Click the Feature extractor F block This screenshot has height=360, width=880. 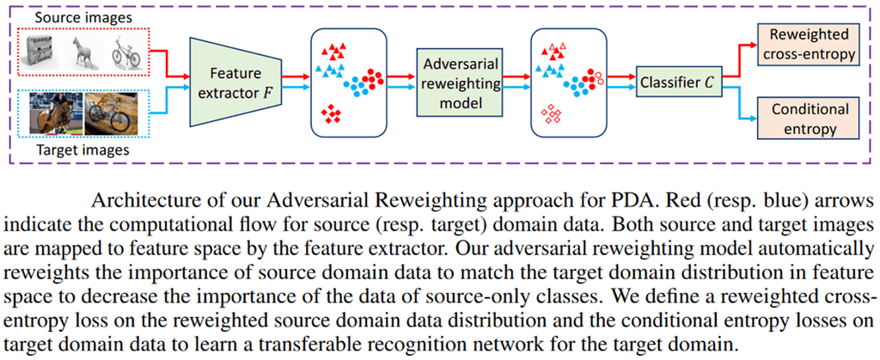[234, 84]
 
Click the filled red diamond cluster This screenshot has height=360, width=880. [329, 113]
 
